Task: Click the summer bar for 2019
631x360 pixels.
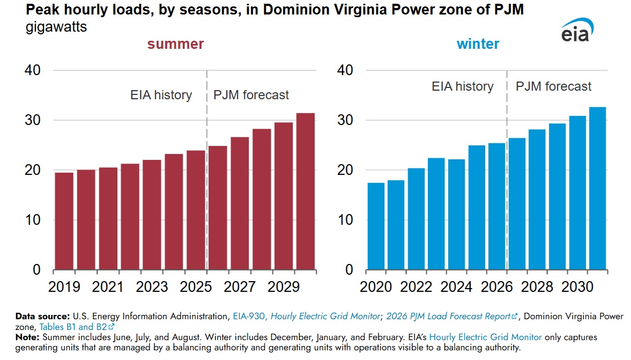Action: tap(64, 221)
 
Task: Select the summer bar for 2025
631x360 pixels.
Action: tap(196, 210)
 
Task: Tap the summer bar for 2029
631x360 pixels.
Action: tap(283, 196)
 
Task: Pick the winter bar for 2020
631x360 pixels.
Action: tap(376, 226)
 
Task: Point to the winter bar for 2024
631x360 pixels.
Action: tap(456, 215)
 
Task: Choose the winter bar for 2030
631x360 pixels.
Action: tap(577, 193)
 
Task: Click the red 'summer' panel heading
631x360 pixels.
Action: tap(175, 44)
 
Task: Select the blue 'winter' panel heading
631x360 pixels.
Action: tap(478, 44)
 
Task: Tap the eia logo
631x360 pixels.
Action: tap(577, 30)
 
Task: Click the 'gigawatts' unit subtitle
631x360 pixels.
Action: tap(56, 27)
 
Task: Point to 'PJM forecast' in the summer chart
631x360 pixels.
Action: tap(251, 95)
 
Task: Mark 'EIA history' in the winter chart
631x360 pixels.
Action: tap(462, 86)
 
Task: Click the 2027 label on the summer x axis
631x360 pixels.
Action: tap(240, 286)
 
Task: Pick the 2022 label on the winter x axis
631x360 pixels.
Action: tap(415, 286)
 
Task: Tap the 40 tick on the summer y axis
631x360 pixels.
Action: tap(33, 70)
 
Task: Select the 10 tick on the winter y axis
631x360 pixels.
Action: tap(345, 220)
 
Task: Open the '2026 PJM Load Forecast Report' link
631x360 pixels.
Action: tap(451, 317)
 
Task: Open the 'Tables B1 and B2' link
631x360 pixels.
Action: tap(77, 327)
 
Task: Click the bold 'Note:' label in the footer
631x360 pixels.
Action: tap(27, 337)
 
